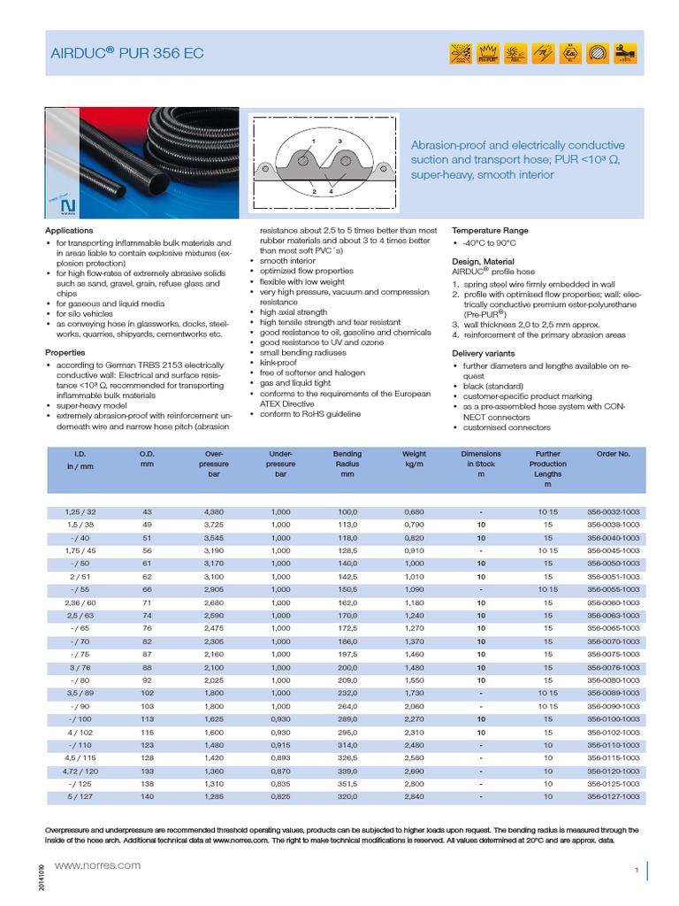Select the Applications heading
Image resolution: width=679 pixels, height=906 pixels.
(x=68, y=230)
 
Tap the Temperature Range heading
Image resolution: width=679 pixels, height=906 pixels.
(x=490, y=230)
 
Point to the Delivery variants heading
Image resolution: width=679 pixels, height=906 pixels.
(x=483, y=353)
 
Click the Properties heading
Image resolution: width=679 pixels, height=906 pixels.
(x=65, y=352)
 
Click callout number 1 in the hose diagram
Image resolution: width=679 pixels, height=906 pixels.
(x=313, y=141)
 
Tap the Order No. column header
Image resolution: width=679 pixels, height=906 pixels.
(x=613, y=454)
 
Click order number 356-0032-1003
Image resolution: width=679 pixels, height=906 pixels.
(x=613, y=512)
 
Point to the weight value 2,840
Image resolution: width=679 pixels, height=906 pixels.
(x=414, y=796)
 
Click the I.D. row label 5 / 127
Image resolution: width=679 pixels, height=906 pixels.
(x=80, y=796)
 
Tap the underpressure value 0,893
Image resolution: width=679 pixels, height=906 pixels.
(x=281, y=757)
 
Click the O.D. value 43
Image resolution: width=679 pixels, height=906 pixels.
(x=147, y=512)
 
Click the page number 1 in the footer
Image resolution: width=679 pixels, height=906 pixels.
(x=636, y=871)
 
